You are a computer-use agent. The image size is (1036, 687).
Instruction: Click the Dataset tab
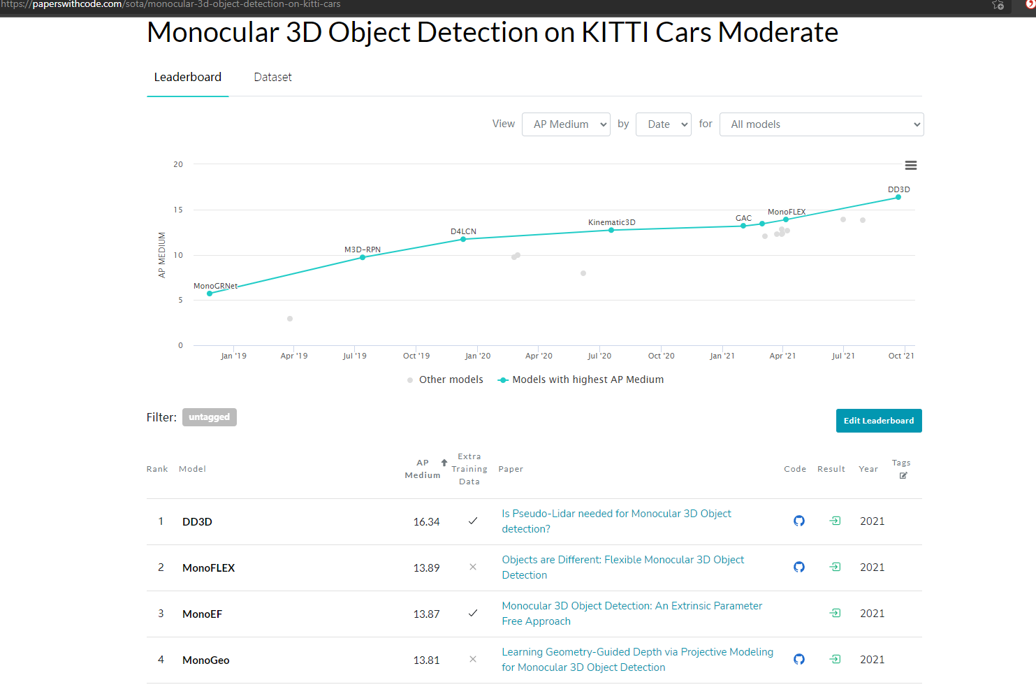point(272,77)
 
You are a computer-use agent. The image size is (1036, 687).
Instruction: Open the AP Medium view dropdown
point(566,124)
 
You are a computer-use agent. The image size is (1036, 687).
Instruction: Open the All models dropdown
point(822,124)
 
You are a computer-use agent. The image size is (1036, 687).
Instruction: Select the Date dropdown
point(663,124)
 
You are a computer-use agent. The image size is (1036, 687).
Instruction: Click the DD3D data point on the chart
point(898,197)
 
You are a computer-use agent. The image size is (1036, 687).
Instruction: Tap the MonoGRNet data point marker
point(210,294)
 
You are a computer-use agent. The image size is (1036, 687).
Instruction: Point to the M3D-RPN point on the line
point(363,257)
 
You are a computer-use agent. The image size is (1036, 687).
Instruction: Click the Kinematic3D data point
point(611,230)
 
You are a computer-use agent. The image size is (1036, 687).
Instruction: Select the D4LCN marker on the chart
point(463,239)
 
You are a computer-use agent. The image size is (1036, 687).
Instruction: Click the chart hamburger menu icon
point(911,165)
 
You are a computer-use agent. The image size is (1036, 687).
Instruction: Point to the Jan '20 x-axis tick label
point(478,356)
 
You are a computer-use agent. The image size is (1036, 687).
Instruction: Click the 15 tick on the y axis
point(178,210)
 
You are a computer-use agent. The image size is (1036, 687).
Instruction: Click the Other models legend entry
point(445,379)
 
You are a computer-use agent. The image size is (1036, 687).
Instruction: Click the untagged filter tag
point(209,417)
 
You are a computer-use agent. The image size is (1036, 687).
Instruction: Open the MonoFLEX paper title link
point(623,567)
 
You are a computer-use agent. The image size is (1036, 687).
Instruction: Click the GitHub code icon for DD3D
point(798,521)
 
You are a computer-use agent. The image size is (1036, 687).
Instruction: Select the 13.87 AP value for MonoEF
point(426,614)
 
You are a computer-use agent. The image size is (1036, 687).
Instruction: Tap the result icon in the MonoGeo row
point(835,659)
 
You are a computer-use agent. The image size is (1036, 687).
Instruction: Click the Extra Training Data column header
point(469,469)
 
